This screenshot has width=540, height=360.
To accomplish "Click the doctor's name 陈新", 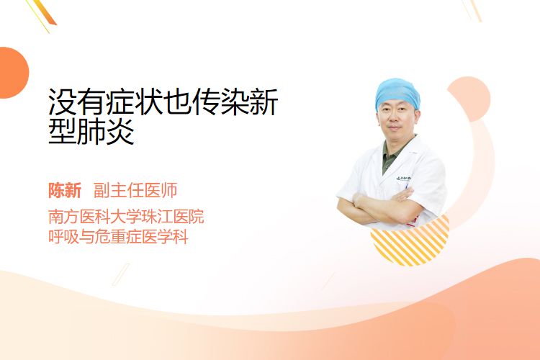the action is tap(65, 191).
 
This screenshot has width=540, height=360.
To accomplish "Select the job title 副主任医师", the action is tap(135, 191).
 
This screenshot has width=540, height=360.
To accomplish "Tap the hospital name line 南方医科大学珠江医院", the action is tap(126, 217).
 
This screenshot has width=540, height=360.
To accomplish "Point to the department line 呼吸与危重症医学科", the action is tap(118, 237).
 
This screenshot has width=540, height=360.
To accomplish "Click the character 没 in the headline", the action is tap(62, 102).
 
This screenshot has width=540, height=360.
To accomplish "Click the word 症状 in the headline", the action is tap(135, 102).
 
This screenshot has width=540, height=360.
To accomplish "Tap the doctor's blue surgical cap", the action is tap(397, 92).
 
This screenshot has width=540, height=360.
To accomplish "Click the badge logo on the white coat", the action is tap(403, 179).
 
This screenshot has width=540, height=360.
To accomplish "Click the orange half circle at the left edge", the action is tap(14, 73).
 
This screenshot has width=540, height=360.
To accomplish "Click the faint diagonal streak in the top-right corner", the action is tap(472, 9).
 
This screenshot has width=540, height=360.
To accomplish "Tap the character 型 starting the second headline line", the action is tap(62, 131).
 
